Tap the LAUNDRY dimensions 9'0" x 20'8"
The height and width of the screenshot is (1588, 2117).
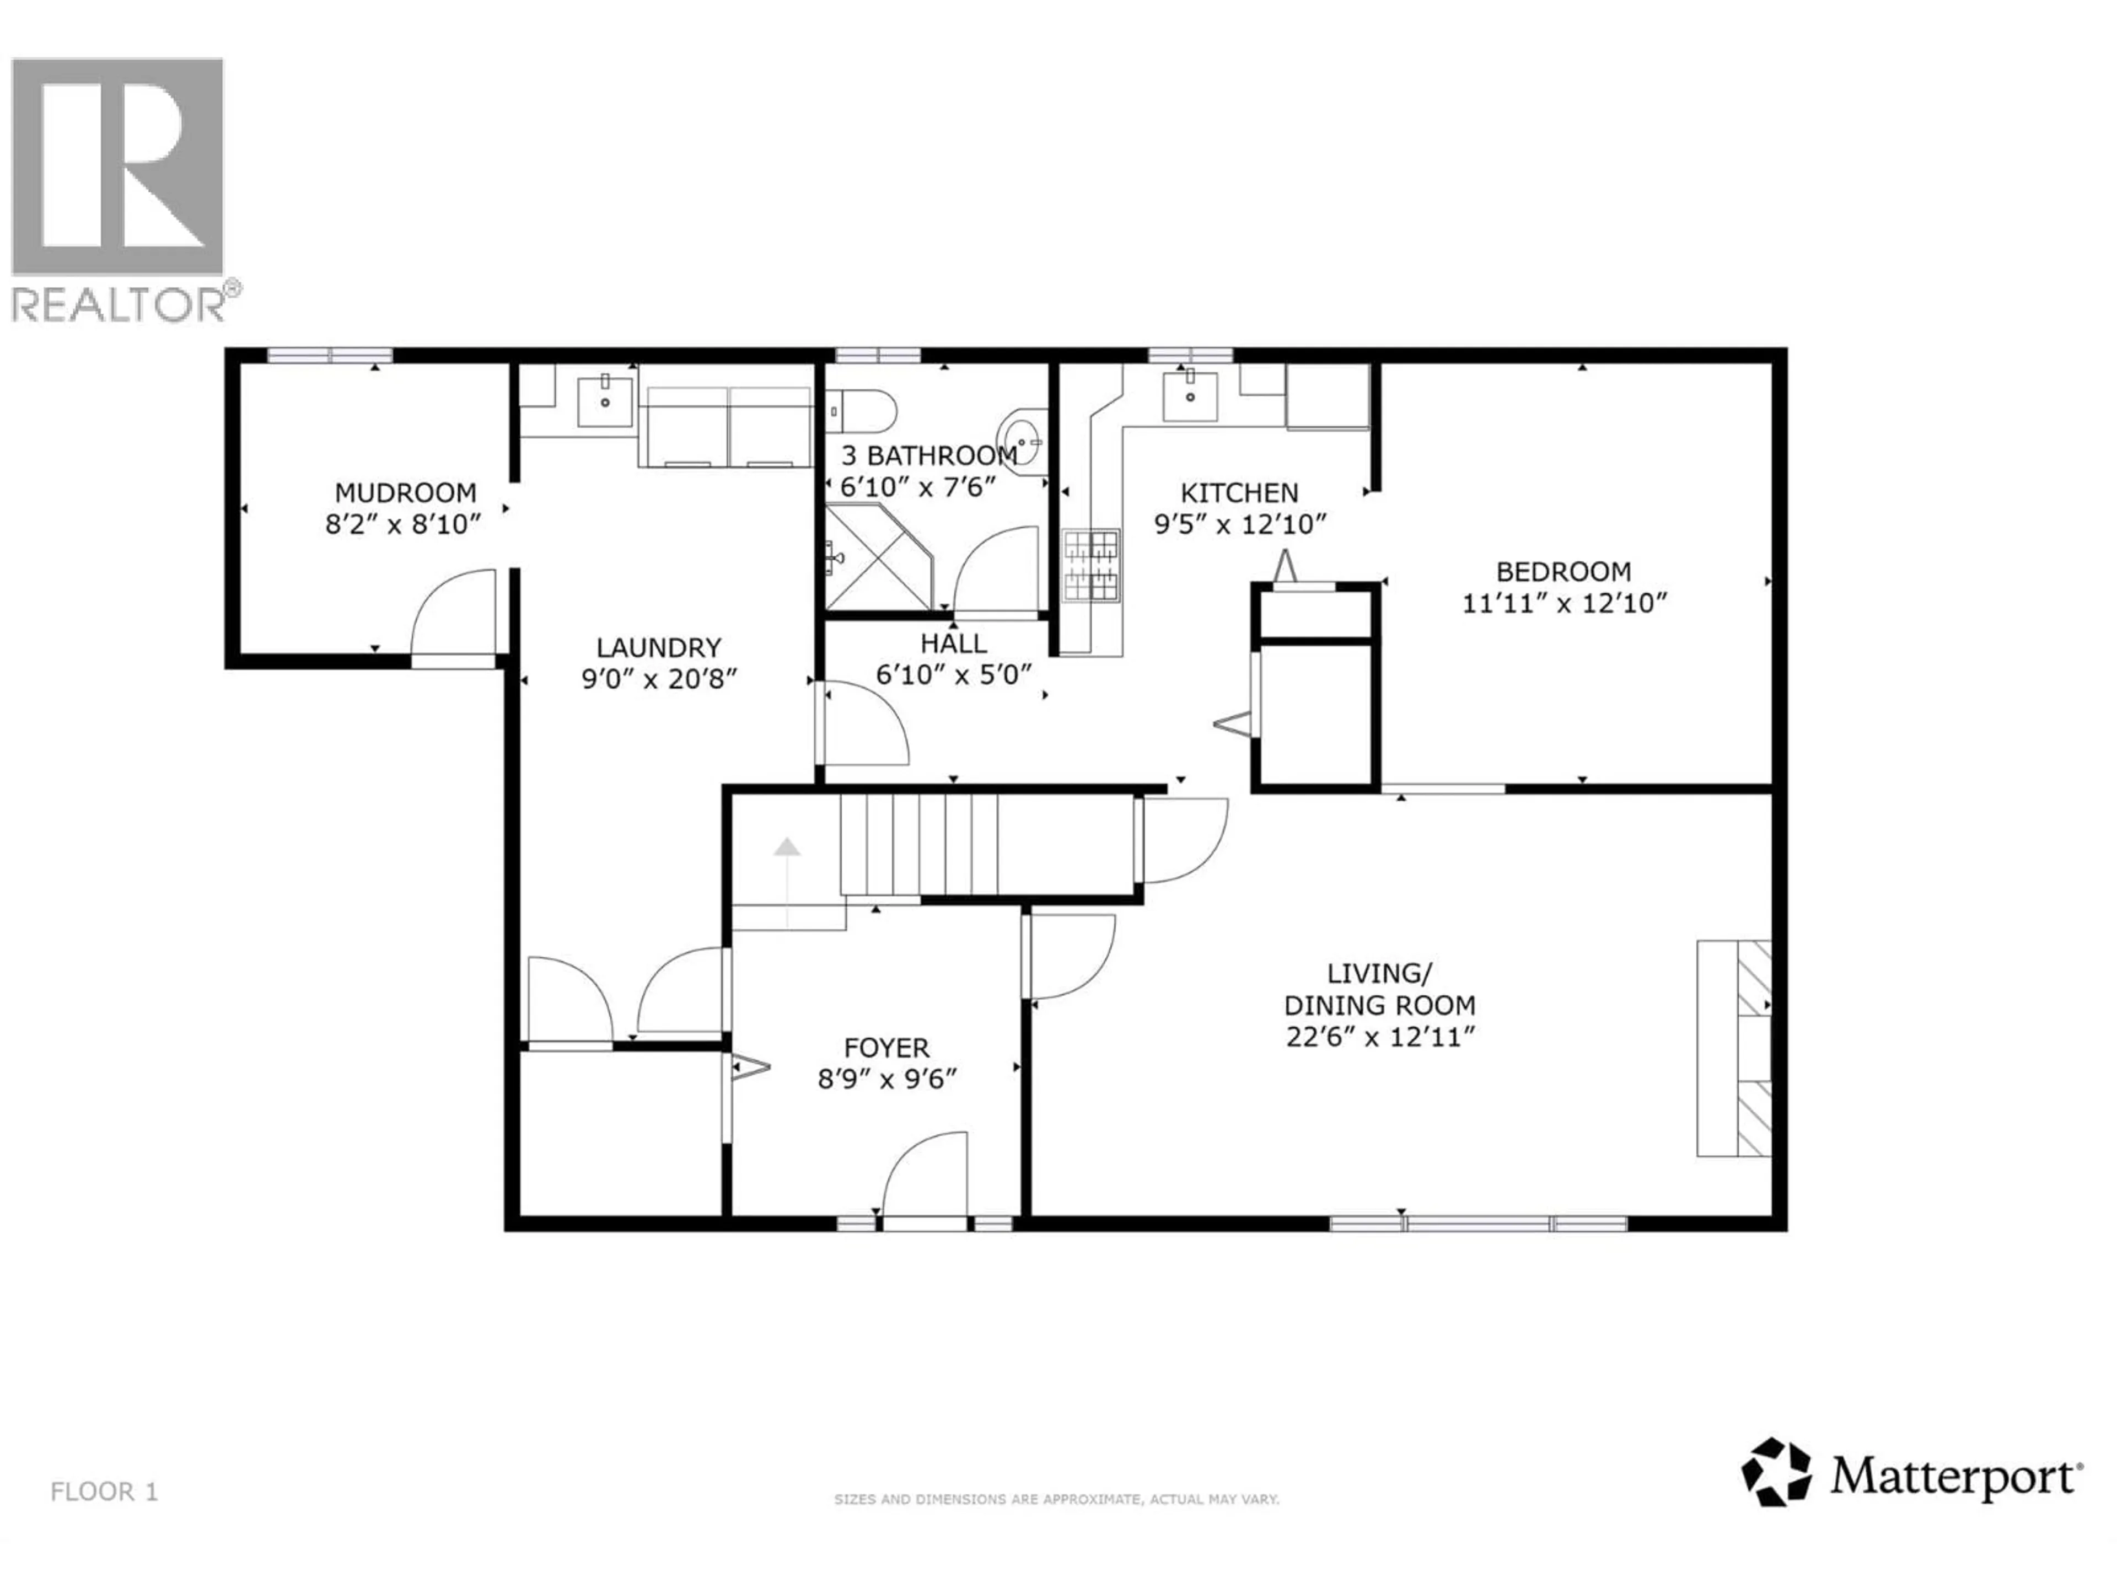pos(659,679)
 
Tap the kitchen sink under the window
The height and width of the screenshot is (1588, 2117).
pos(1190,396)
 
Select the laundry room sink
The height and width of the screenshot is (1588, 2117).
pos(605,401)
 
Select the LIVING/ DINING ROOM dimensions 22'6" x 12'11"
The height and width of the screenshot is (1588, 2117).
pos(1379,1038)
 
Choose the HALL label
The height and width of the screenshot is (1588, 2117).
pos(953,643)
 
